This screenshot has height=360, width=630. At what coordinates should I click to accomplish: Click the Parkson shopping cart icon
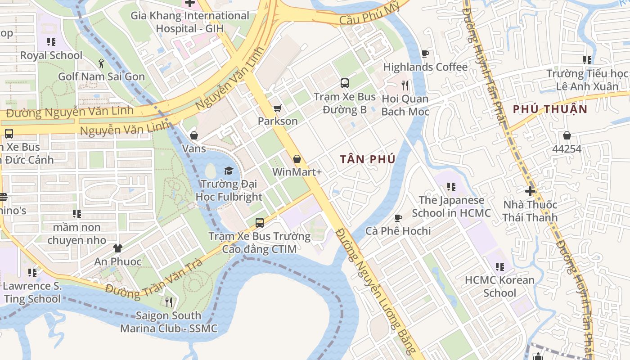(x=278, y=108)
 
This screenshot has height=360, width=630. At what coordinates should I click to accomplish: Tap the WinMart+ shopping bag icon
(x=297, y=159)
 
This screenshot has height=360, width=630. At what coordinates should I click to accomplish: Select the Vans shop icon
(x=194, y=135)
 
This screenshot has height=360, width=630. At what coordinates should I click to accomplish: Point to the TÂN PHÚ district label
(x=368, y=159)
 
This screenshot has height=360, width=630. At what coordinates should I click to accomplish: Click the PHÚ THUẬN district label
(x=550, y=109)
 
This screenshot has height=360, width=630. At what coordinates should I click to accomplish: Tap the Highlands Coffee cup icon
(x=425, y=54)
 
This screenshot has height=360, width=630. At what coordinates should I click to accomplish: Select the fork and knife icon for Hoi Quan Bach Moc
(x=405, y=85)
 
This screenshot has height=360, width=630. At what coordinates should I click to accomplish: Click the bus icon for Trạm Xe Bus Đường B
(x=344, y=83)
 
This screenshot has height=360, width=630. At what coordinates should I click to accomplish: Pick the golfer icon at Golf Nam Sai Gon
(x=101, y=63)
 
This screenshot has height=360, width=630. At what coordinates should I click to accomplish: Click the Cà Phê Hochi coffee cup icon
(x=398, y=218)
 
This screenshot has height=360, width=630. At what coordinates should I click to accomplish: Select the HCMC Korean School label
(x=499, y=286)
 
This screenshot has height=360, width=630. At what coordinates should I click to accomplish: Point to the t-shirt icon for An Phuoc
(x=117, y=248)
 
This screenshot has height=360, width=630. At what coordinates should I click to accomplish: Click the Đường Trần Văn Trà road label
(x=154, y=281)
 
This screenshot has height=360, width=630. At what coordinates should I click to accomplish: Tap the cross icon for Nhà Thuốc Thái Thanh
(x=530, y=191)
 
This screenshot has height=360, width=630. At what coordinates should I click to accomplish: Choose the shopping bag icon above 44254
(x=567, y=135)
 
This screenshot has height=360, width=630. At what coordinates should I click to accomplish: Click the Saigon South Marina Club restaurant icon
(x=169, y=302)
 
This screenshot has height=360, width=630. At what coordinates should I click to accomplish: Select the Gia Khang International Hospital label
(x=189, y=22)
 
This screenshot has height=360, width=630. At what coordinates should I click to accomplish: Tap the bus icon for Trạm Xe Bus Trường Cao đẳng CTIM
(x=260, y=223)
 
